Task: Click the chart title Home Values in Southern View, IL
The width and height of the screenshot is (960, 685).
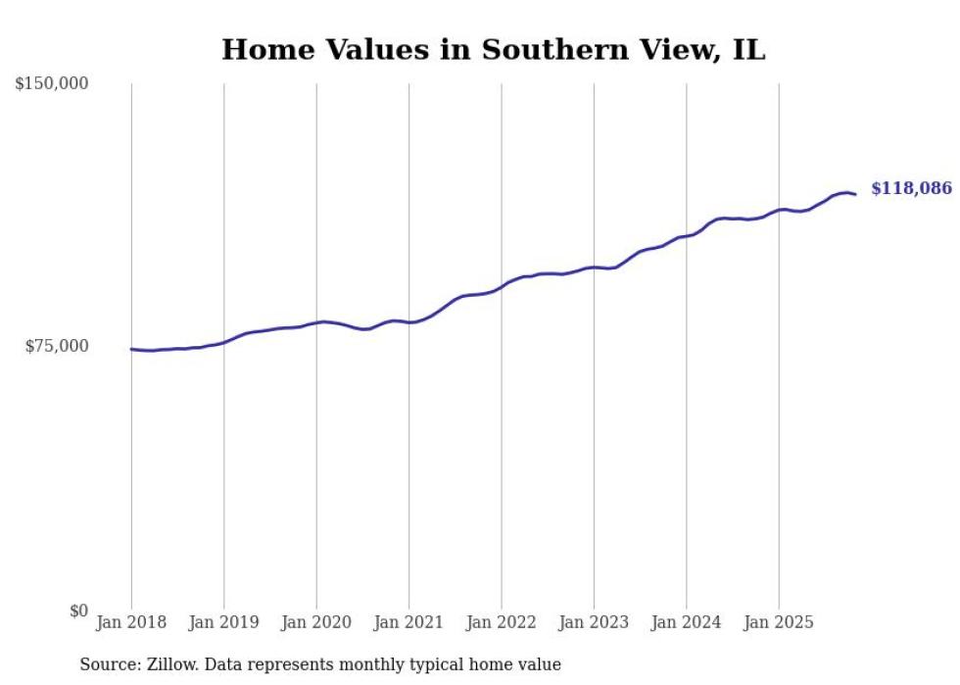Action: (493, 49)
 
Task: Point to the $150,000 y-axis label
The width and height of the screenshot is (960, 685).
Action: (52, 84)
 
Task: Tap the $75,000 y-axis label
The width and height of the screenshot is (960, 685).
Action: (57, 346)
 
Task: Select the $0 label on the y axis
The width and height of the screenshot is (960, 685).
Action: (78, 611)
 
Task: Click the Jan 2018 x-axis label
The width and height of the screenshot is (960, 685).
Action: (131, 622)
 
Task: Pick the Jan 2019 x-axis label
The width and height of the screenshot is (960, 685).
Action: (223, 622)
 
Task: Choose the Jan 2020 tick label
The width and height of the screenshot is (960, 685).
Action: (316, 622)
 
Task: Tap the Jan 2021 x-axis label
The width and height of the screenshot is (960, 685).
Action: (408, 622)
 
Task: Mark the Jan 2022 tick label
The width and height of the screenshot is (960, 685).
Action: (501, 622)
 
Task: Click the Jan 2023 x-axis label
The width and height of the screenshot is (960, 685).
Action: (594, 622)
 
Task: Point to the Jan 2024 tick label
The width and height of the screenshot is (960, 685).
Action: (686, 622)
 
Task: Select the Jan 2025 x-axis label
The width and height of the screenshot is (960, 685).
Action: (779, 622)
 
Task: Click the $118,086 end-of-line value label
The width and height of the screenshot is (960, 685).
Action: (911, 188)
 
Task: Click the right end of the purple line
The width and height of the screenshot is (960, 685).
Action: (855, 194)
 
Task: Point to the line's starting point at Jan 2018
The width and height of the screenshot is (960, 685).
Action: (131, 349)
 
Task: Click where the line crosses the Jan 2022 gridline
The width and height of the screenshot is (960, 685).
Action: (502, 285)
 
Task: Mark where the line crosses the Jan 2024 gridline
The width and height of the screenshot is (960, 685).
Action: (687, 235)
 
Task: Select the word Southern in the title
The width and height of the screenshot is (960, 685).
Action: (545, 49)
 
